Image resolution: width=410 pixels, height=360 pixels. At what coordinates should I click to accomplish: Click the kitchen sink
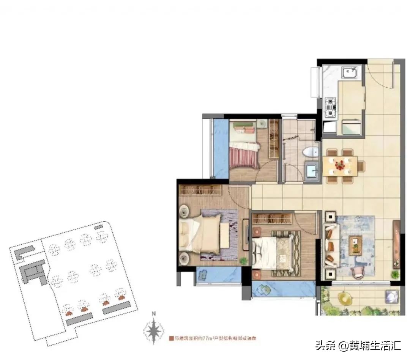tap(350, 72)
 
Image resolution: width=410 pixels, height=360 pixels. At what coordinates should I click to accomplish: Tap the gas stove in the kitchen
tap(330, 106)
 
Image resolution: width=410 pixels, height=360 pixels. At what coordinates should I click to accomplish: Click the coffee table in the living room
tap(356, 245)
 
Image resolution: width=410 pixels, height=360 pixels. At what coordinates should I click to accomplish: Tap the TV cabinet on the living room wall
tap(396, 245)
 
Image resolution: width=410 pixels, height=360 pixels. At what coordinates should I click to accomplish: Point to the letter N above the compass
tap(153, 314)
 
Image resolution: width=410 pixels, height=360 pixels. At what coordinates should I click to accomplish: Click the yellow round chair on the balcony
tap(344, 298)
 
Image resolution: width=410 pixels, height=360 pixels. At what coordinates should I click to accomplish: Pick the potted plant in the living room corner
tap(396, 274)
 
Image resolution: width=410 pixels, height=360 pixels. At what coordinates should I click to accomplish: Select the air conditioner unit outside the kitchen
tap(315, 82)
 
